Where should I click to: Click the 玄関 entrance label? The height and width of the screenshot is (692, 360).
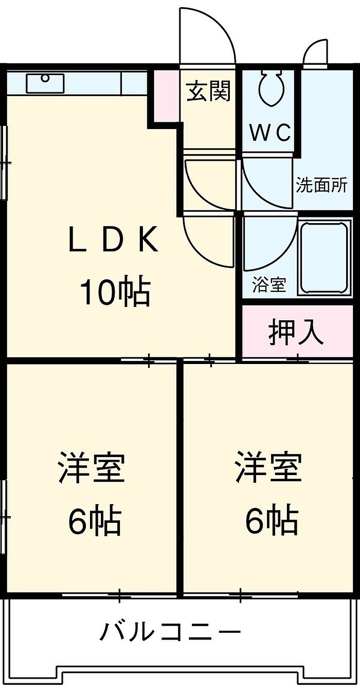coord(208,92)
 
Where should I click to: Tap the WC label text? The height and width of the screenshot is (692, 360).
coord(271,133)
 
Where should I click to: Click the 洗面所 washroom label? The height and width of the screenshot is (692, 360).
coord(321,185)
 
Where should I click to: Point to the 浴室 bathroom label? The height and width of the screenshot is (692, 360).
coord(269,284)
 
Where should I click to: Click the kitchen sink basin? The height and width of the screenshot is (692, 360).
coord(45,82)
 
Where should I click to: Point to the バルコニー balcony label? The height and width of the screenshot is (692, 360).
coord(170,632)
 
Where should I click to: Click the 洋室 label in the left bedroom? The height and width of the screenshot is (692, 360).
coord(92,467)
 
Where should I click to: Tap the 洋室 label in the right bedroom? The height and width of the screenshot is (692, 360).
coord(268,467)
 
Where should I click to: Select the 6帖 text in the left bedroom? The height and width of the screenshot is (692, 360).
coord(94,521)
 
